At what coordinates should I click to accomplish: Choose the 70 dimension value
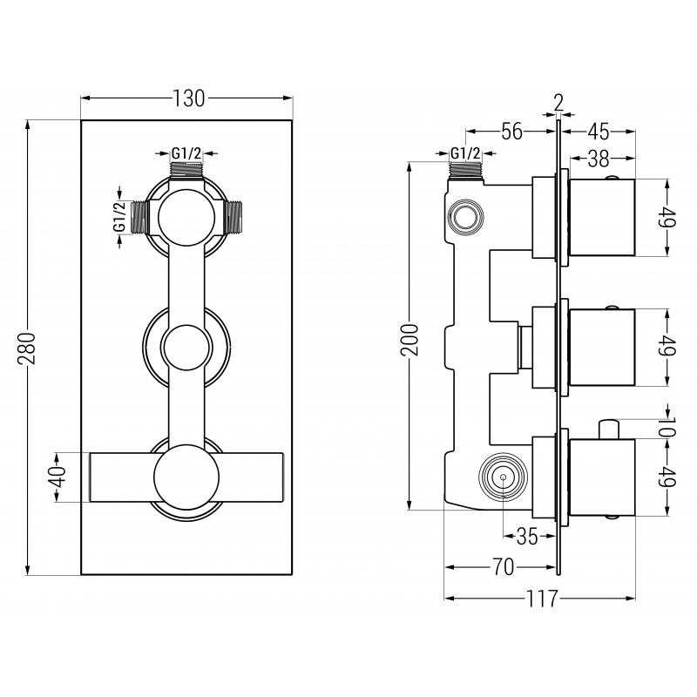pyautogui.click(x=501, y=567)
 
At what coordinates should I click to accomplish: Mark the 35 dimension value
pyautogui.click(x=527, y=537)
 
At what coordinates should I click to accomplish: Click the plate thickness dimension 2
pyautogui.click(x=558, y=101)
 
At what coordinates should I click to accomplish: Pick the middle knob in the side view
pyautogui.click(x=602, y=346)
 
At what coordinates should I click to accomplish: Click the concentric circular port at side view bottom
pyautogui.click(x=503, y=478)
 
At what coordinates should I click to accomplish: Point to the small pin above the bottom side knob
pyautogui.click(x=609, y=430)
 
